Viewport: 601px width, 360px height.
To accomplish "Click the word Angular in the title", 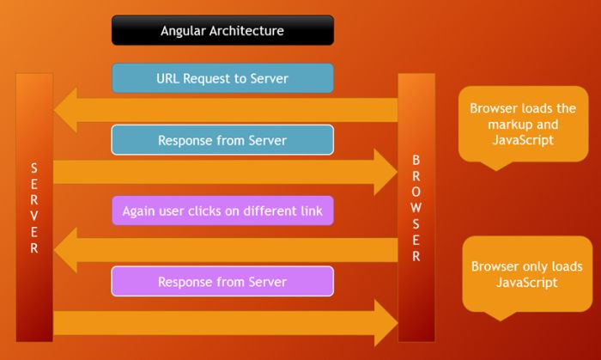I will coord(185,31).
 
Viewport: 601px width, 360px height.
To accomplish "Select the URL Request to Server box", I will coord(222,79).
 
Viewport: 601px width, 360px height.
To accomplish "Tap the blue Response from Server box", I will coord(222,140).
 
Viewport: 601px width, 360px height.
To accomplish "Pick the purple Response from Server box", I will coord(222,282).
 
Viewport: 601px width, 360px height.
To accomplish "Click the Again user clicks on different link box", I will coord(222,211).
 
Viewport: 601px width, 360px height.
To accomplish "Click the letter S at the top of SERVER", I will coord(34,166).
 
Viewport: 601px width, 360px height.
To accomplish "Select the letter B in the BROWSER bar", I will coord(416,159).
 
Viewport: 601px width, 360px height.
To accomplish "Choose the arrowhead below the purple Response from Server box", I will coord(381,322).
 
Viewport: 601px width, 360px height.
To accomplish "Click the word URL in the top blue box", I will coord(169,79).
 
